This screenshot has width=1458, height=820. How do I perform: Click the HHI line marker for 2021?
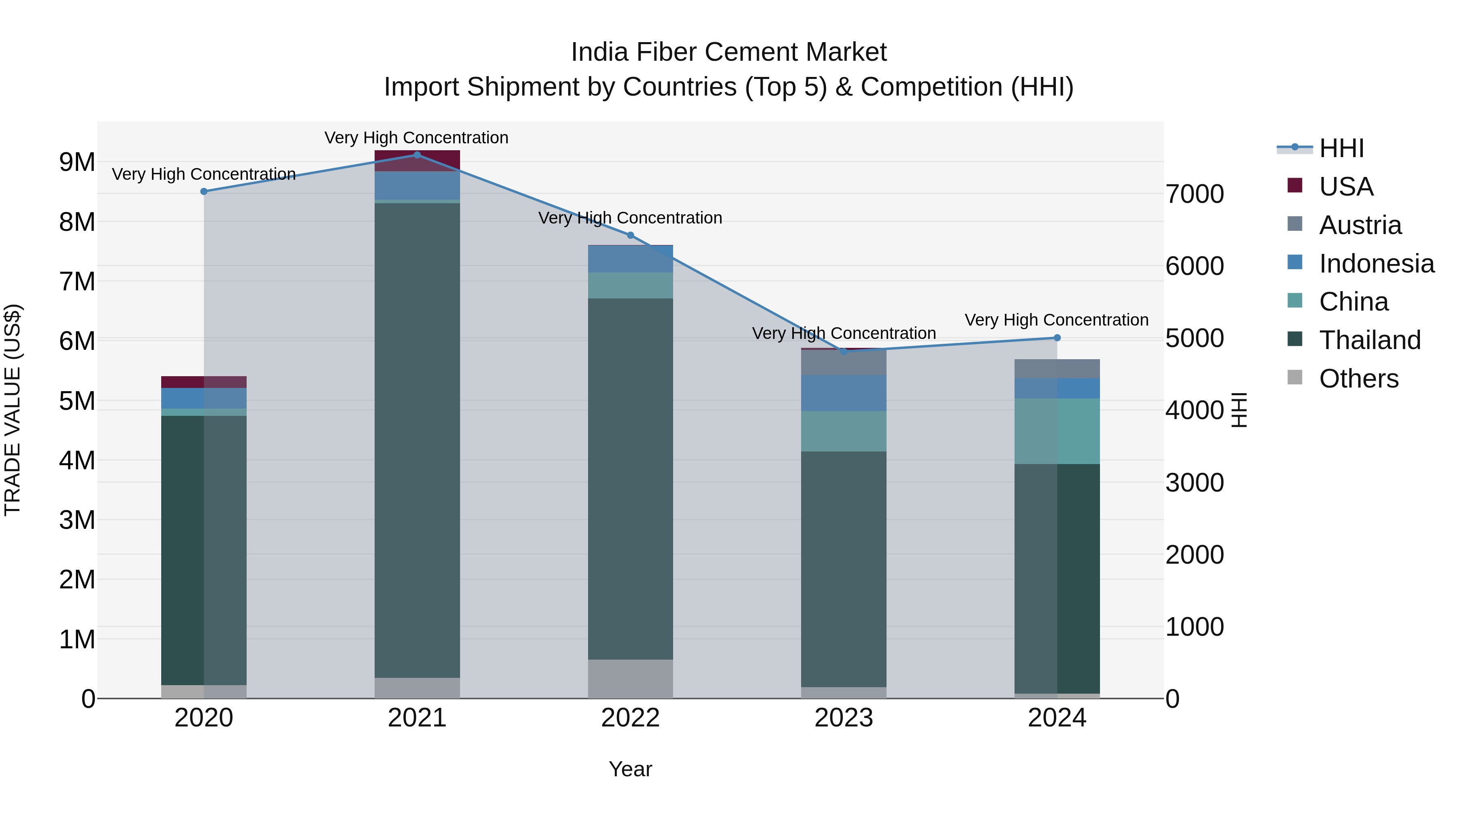pyautogui.click(x=417, y=155)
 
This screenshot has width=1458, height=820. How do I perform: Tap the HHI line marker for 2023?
pyautogui.click(x=843, y=351)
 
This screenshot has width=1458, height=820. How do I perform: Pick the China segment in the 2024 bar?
pyautogui.click(x=1057, y=431)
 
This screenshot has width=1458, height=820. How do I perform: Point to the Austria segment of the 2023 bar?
pyautogui.click(x=843, y=362)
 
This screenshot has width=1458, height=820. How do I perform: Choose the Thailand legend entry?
pyautogui.click(x=1369, y=340)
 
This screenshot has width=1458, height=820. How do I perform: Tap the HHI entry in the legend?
pyautogui.click(x=1341, y=148)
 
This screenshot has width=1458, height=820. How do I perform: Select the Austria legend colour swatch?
pyautogui.click(x=1294, y=224)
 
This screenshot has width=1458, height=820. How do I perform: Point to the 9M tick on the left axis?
pyautogui.click(x=77, y=162)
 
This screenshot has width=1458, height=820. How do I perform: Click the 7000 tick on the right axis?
pyautogui.click(x=1194, y=194)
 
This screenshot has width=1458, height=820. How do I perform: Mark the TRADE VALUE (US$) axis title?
pyautogui.click(x=13, y=410)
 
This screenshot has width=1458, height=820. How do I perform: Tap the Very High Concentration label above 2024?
pyautogui.click(x=1056, y=320)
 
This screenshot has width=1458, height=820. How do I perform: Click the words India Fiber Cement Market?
pyautogui.click(x=729, y=52)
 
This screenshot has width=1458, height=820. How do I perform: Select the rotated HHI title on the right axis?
pyautogui.click(x=1239, y=410)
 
